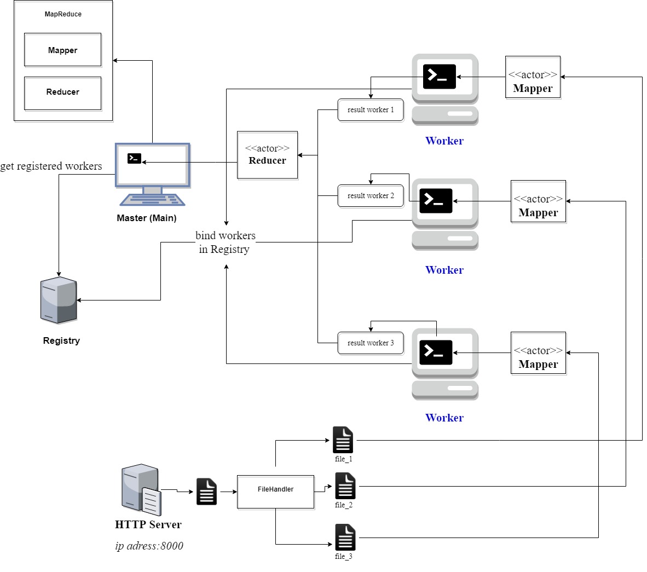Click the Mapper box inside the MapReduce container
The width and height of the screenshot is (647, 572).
(62, 50)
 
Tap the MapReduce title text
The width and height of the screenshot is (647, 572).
(63, 14)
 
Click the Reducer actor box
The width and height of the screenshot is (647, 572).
(267, 155)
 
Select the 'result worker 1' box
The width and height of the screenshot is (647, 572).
(371, 110)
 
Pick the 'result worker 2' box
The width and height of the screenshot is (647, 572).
(371, 196)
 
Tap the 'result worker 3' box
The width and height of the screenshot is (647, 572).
(371, 343)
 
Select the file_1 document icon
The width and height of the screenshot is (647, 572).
(343, 440)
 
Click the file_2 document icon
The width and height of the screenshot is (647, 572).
(345, 486)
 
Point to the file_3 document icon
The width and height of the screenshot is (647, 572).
(345, 538)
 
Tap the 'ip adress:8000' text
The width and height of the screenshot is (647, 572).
(149, 546)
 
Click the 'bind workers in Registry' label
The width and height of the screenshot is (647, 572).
(225, 242)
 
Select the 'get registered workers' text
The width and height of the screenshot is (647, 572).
(51, 166)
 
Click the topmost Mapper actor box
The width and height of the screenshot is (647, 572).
(533, 77)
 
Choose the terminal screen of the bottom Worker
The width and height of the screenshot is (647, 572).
(436, 353)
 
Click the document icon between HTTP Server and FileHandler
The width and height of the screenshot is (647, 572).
(206, 492)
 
